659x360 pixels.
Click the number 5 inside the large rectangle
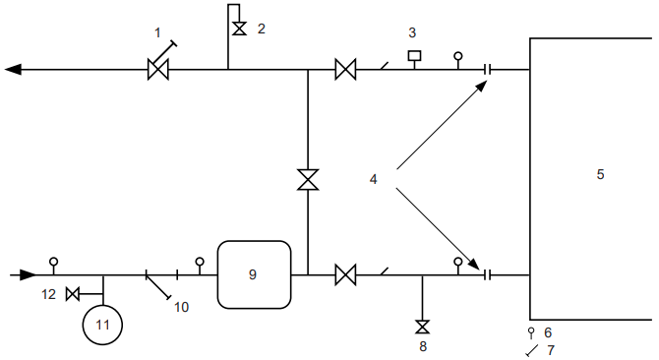[x=600, y=174]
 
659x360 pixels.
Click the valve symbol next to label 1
[x=156, y=70]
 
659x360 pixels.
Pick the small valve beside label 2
[x=238, y=29]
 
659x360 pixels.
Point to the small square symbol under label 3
[x=414, y=55]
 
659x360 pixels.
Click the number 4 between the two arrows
[x=373, y=179]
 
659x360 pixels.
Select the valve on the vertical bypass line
[x=308, y=180]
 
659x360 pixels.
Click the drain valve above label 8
[x=422, y=327]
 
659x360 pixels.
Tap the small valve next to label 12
[x=72, y=294]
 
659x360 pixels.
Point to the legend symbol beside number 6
[x=531, y=332]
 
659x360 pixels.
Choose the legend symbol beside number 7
[x=531, y=350]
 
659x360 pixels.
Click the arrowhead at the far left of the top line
[x=13, y=70]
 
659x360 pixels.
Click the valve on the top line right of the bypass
[x=345, y=70]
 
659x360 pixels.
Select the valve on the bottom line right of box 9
[x=345, y=274]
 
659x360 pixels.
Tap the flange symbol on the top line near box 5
[x=488, y=70]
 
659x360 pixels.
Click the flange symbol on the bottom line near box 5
[x=488, y=274]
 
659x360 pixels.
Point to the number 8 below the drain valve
[x=422, y=345]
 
